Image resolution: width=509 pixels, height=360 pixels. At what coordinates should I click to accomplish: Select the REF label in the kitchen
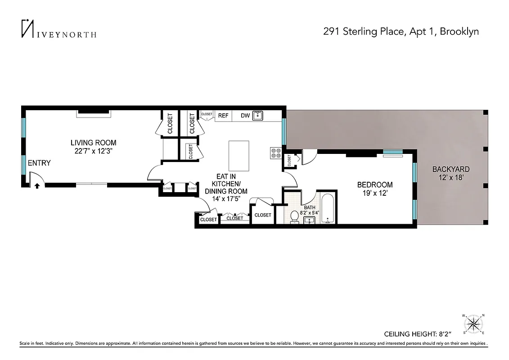point(223,116)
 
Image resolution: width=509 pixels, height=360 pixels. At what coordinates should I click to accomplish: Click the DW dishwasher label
point(245,116)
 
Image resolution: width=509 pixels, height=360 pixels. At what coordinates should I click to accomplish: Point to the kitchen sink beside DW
point(258,116)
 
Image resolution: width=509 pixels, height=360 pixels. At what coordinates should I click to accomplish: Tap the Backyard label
point(451,169)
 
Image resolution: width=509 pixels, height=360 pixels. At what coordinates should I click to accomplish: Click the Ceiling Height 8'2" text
point(417,334)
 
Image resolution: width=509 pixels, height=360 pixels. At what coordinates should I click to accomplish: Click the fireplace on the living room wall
point(93,112)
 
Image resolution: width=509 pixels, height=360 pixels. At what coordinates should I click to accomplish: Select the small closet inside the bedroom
point(289,159)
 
